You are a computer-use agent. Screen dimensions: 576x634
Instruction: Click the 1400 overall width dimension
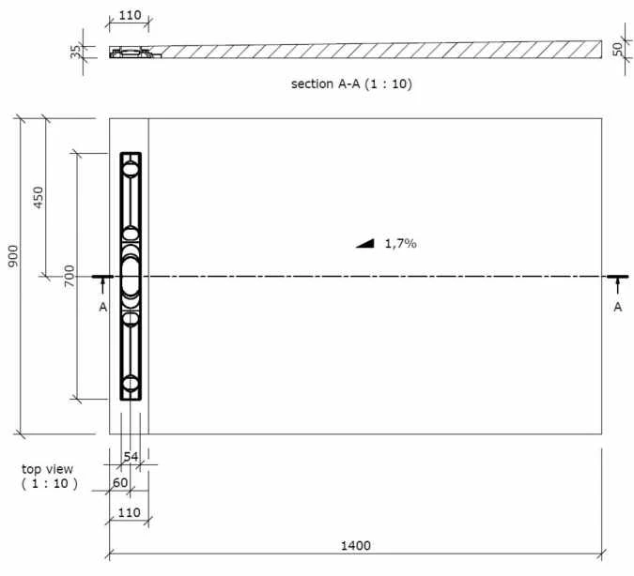tap(356, 545)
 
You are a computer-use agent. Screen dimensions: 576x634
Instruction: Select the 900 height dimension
tap(13, 256)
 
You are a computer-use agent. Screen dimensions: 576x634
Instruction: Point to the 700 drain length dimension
tap(70, 276)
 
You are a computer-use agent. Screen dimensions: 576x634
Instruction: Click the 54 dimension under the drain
tap(131, 456)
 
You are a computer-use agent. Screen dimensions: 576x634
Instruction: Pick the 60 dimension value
tap(119, 482)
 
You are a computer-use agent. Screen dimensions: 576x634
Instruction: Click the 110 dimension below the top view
tap(129, 514)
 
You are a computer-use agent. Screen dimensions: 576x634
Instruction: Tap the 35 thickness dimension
tap(75, 51)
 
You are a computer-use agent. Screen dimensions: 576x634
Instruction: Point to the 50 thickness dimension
tap(617, 49)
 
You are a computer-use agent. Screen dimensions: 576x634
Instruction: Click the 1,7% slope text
tap(400, 243)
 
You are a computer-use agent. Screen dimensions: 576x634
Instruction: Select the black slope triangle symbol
tap(365, 243)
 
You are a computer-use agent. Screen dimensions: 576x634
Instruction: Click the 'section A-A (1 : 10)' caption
tap(352, 83)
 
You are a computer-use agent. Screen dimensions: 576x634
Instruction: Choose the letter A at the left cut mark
tap(103, 307)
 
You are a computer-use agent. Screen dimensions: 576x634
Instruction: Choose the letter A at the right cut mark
tap(617, 307)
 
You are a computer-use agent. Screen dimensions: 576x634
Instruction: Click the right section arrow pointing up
tap(617, 286)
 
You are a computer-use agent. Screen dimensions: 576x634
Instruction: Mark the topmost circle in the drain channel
tap(131, 169)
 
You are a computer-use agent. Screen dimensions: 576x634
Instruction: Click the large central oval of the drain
tap(131, 277)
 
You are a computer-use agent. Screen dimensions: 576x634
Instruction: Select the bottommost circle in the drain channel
tap(131, 384)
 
